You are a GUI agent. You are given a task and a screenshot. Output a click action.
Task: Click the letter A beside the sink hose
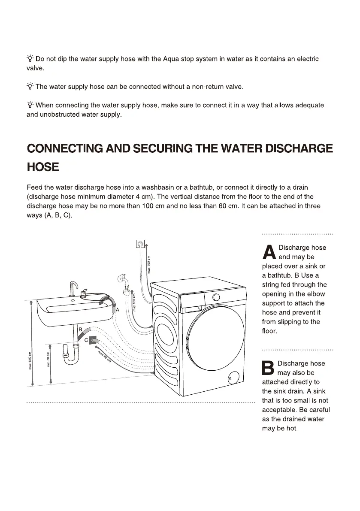pyautogui.click(x=117, y=309)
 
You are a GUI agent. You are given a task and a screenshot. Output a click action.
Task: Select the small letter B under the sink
pyautogui.click(x=80, y=329)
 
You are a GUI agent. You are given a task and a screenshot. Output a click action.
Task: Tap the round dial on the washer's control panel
pyautogui.click(x=216, y=297)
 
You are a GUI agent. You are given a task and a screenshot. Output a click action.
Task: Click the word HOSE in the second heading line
pyautogui.click(x=42, y=167)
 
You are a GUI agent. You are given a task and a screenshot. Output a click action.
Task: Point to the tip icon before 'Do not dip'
pyautogui.click(x=30, y=59)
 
